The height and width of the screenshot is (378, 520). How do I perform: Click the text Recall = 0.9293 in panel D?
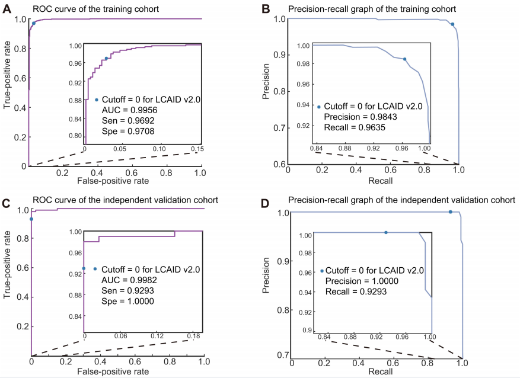coord(355,291)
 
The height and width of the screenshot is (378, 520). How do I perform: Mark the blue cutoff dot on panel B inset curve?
coord(405,59)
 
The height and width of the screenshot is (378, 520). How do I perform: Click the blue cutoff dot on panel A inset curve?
coord(106,58)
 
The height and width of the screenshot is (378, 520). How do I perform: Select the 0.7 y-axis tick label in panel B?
coord(276,127)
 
